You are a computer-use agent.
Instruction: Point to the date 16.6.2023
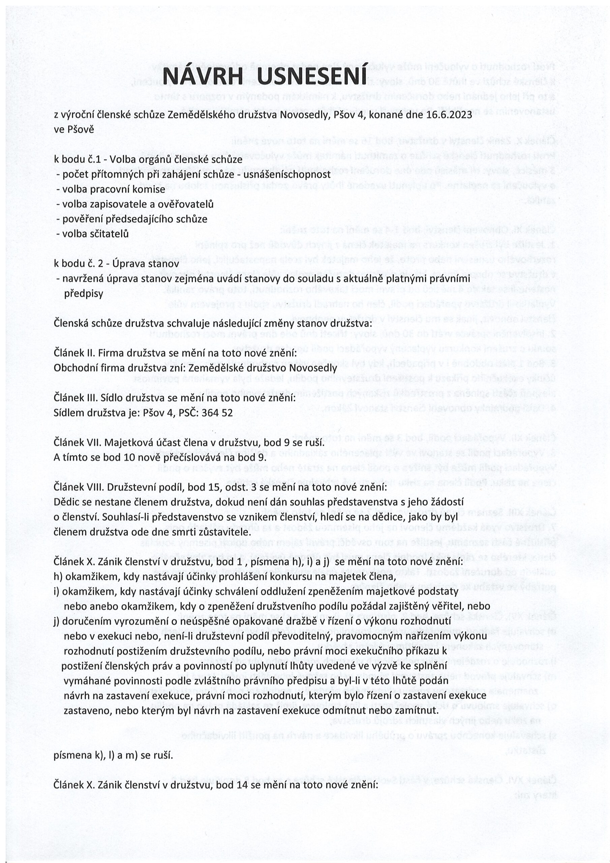coord(449,115)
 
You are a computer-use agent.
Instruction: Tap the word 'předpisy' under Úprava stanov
coord(84,294)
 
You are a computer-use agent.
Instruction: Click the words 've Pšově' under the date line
coord(74,130)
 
